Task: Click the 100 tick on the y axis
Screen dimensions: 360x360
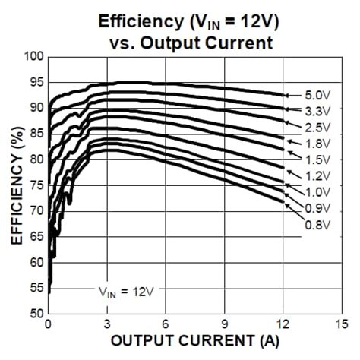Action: (x=33, y=57)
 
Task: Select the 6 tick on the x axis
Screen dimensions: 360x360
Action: (x=166, y=324)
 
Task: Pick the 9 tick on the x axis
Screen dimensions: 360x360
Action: (x=225, y=324)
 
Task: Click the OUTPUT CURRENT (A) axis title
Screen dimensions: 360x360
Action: (x=194, y=341)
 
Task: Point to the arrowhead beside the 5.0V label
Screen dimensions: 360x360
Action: (x=286, y=95)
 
